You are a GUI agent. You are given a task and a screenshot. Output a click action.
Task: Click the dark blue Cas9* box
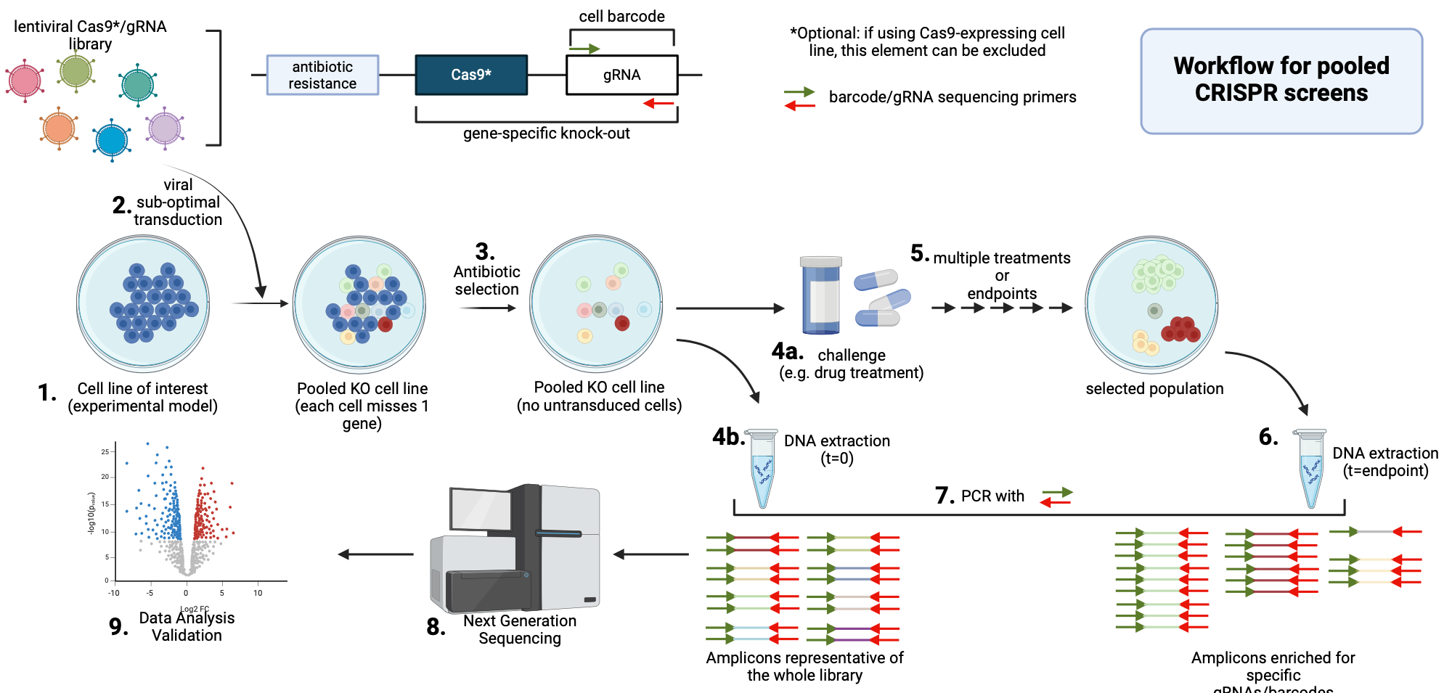coord(471,75)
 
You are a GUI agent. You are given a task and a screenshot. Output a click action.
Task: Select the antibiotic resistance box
coord(322,75)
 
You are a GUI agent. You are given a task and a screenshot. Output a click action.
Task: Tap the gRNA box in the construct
coord(621,75)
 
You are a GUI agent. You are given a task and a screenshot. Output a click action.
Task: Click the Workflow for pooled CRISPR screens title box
coord(1281,81)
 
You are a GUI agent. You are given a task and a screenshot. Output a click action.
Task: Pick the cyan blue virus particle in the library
coord(112,140)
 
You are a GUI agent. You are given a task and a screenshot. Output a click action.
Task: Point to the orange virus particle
coord(59,128)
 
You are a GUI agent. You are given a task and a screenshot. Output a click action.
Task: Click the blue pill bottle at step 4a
coord(821,295)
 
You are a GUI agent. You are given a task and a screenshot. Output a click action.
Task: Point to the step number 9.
coord(118,626)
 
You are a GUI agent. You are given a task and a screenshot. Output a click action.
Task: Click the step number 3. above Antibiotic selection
coord(485,252)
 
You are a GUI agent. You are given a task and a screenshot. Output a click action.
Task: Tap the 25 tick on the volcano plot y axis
coord(105,451)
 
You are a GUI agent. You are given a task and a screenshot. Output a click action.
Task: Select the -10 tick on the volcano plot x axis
coord(114,593)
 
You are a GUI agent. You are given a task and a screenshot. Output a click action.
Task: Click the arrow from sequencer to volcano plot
coord(376,554)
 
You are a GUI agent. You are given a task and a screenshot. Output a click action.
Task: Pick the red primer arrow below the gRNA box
coord(659,104)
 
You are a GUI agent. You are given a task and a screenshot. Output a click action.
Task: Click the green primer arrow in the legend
coord(799,92)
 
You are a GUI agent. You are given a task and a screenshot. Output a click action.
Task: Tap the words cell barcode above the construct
coord(621,16)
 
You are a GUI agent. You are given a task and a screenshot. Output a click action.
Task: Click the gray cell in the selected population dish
coord(1154,311)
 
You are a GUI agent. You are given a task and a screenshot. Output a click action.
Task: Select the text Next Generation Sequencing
coord(520,629)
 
